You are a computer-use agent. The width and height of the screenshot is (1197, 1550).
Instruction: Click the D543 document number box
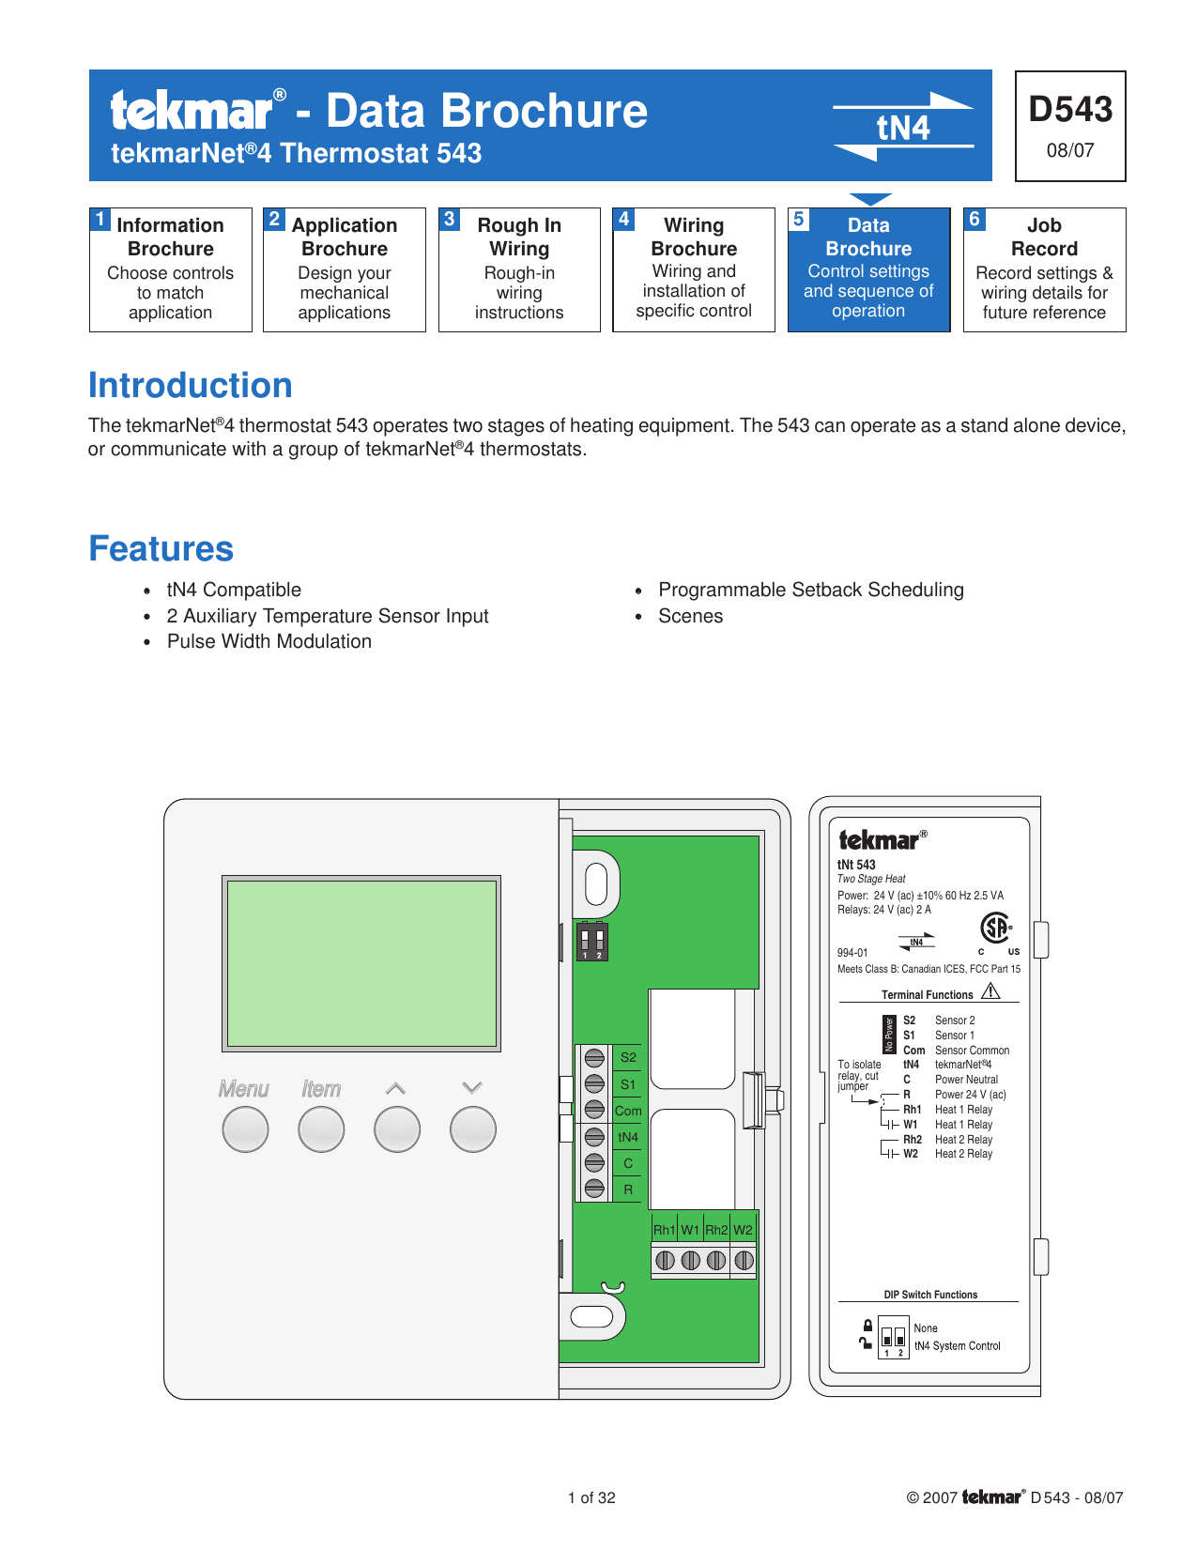tap(1070, 126)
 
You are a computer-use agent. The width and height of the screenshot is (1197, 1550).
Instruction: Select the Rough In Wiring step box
tap(519, 269)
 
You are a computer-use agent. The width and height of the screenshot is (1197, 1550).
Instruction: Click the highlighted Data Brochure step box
tap(868, 269)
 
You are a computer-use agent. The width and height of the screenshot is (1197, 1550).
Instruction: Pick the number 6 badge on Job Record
tap(974, 219)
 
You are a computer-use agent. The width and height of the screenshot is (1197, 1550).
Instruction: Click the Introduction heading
tap(191, 386)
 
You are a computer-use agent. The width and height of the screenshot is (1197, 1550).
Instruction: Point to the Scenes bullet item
tap(690, 617)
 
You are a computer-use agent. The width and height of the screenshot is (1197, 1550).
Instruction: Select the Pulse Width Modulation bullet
tap(269, 642)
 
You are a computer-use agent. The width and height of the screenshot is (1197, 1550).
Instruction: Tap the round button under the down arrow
tap(472, 1129)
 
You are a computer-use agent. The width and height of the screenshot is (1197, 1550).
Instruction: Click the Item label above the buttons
tap(320, 1089)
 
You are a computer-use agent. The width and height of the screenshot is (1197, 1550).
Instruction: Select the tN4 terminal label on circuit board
tap(628, 1137)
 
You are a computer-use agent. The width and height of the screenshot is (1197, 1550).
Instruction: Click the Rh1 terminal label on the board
tap(664, 1230)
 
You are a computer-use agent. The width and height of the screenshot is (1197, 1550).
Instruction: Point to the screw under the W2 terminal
tap(744, 1260)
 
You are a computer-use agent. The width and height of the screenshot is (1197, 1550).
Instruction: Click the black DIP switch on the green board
tap(591, 942)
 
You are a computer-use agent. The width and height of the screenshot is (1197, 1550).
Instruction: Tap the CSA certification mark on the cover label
tap(995, 928)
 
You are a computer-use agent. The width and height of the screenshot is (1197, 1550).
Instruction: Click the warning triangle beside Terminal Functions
tap(990, 991)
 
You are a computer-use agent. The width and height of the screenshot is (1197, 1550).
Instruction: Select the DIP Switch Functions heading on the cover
tap(929, 1295)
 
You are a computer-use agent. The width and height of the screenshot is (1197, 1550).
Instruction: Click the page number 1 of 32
tap(591, 1498)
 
